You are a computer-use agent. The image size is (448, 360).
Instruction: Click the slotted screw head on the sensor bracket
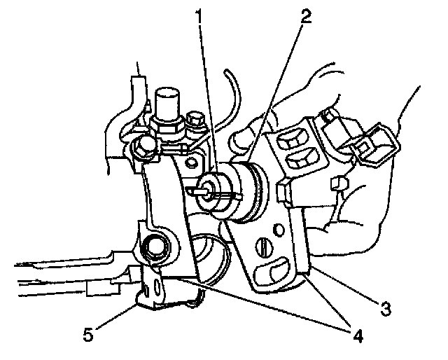coord(263,247)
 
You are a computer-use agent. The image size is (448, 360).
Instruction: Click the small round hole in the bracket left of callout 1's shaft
coord(188,165)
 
